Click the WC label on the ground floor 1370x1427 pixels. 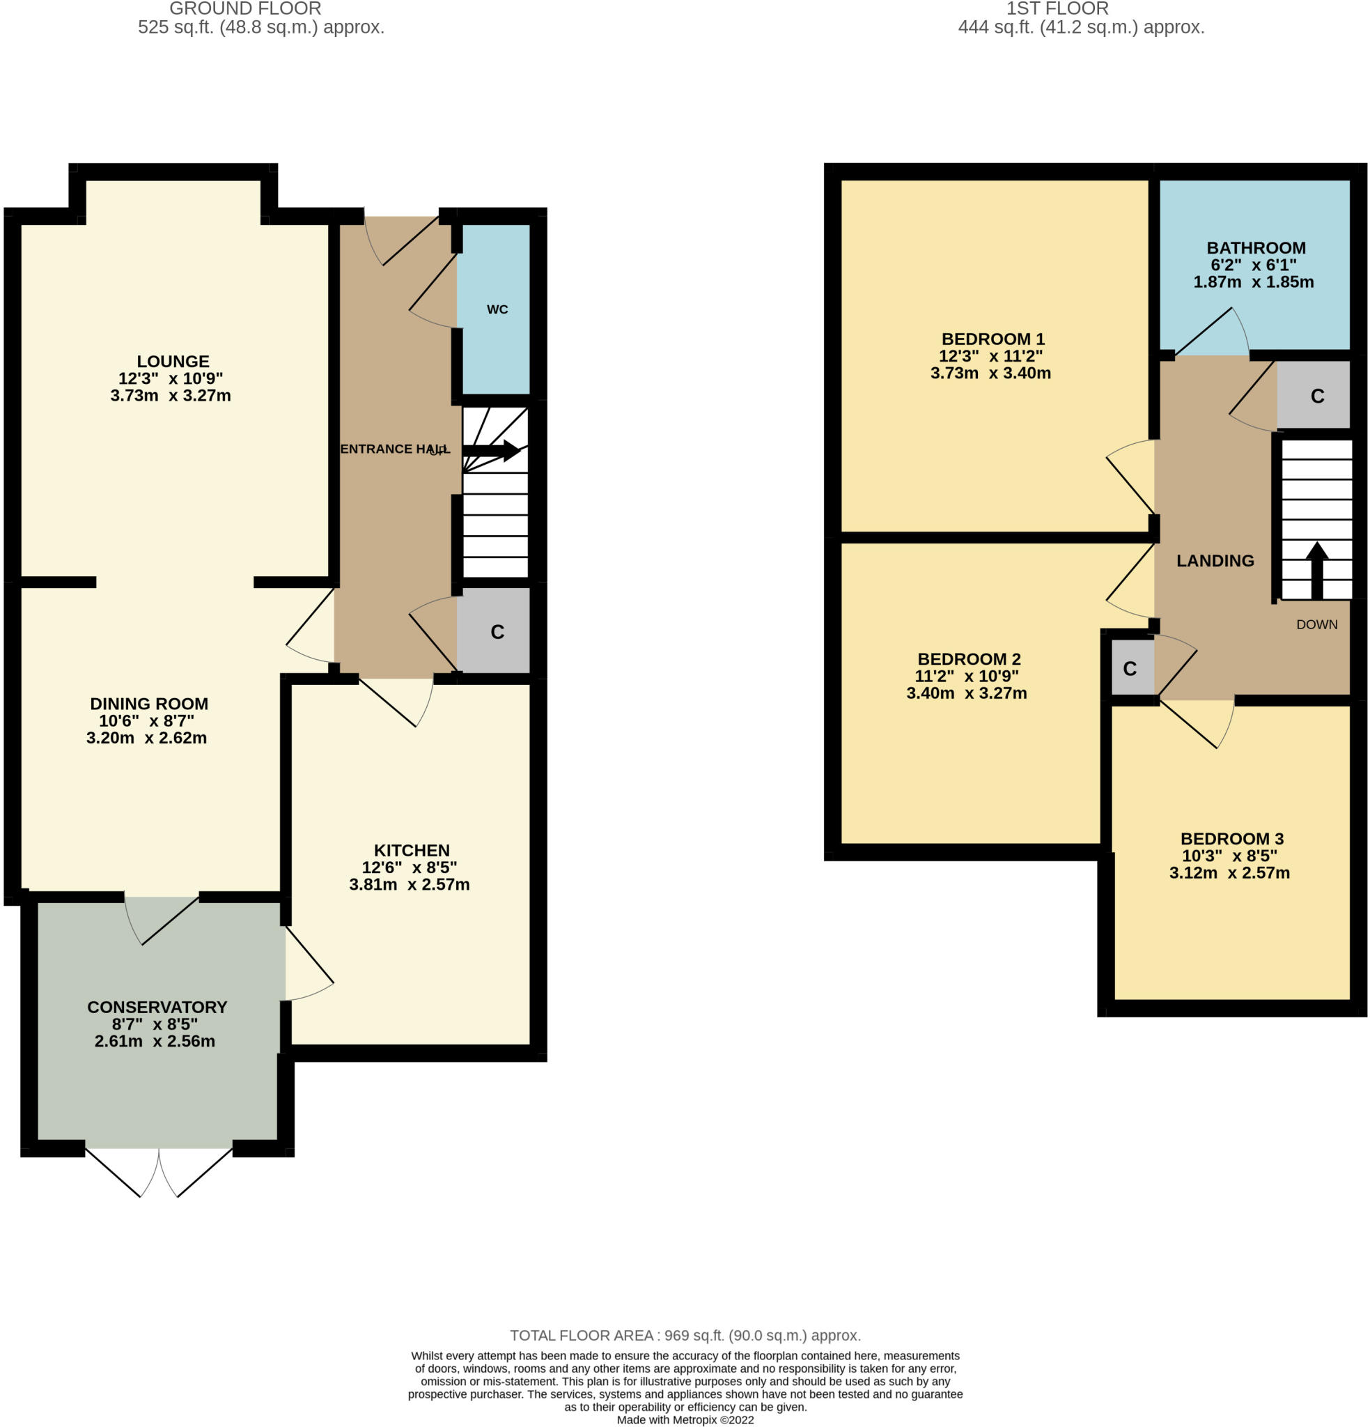click(x=497, y=309)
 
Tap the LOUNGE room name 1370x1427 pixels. click(x=173, y=361)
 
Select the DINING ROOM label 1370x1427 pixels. click(x=149, y=704)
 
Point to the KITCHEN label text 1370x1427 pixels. click(x=412, y=850)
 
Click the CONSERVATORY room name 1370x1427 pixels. click(x=157, y=1007)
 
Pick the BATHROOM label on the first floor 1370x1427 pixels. click(x=1256, y=248)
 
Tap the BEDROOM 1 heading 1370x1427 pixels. click(x=993, y=339)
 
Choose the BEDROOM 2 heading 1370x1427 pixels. click(x=969, y=660)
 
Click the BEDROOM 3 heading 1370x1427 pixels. click(x=1231, y=839)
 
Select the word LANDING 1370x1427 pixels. click(x=1215, y=561)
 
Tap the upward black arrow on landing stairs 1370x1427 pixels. click(x=1317, y=570)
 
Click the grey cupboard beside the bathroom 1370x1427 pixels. click(x=1313, y=395)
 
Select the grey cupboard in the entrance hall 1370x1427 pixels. click(x=493, y=631)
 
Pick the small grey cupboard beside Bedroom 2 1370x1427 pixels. click(x=1132, y=668)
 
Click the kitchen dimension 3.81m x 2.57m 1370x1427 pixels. click(x=409, y=885)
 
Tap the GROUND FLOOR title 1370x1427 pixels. click(x=245, y=9)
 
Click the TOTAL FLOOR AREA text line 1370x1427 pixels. click(x=685, y=1335)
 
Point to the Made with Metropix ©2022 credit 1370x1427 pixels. click(x=685, y=1420)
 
